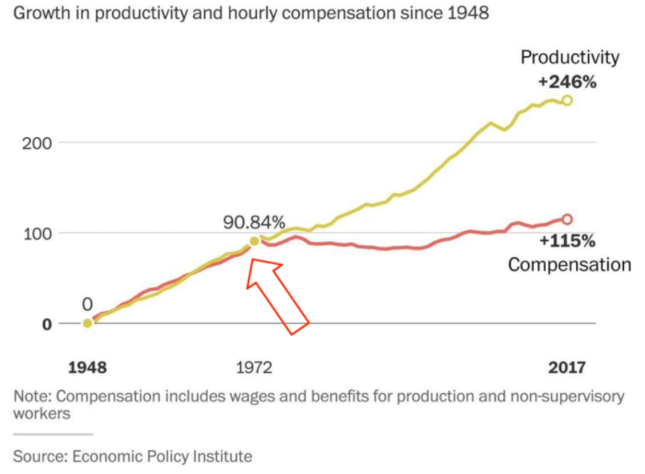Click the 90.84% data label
click(x=254, y=222)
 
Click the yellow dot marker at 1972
click(x=255, y=242)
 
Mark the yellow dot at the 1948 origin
click(x=87, y=323)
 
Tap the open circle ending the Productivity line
click(x=567, y=100)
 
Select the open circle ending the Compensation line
click(x=567, y=219)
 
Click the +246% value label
click(x=568, y=82)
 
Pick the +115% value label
click(x=568, y=242)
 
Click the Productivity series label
click(x=570, y=57)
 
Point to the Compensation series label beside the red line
click(x=570, y=265)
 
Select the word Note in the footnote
click(x=30, y=397)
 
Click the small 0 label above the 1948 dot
click(x=87, y=304)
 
